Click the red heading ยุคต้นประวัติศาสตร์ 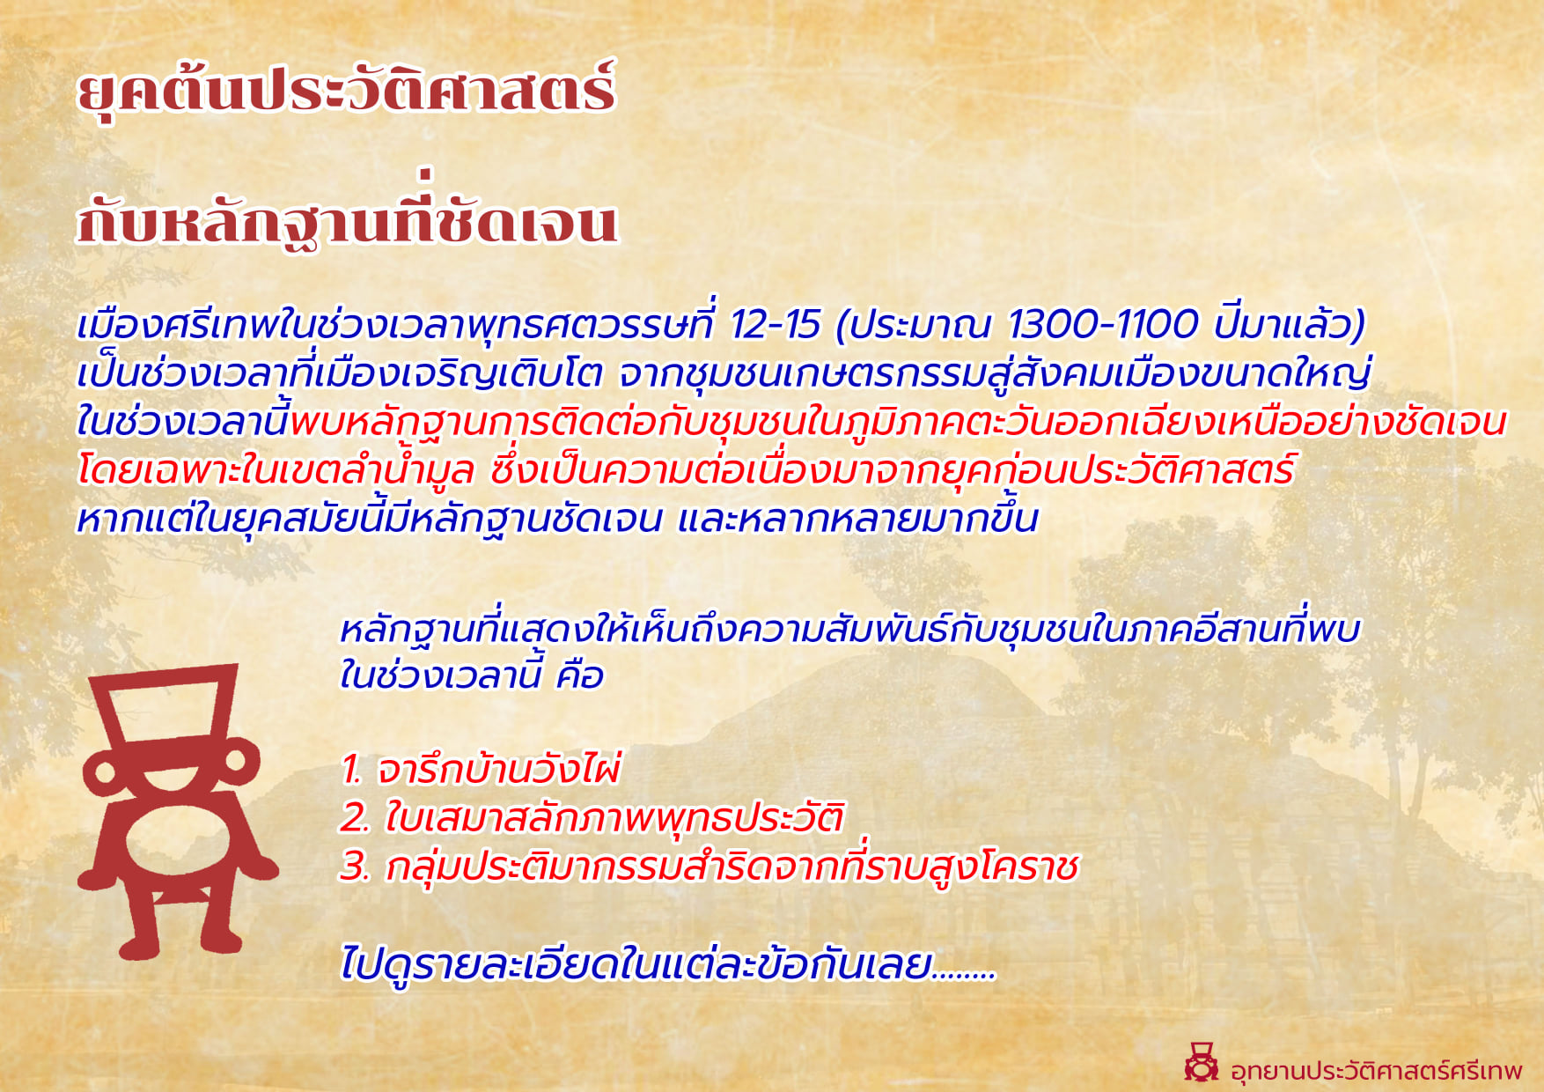pos(347,92)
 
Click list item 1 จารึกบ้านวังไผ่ pos(481,769)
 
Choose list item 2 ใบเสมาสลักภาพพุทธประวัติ pos(592,817)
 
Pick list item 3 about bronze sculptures pos(710,867)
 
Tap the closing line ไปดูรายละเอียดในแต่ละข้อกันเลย pos(667,963)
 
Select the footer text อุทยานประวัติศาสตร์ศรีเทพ pos(1376,1070)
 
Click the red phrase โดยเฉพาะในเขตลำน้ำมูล pos(276,469)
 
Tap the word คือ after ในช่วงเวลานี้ pos(580,676)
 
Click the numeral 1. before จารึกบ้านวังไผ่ pos(351,770)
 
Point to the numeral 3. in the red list pos(355,867)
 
